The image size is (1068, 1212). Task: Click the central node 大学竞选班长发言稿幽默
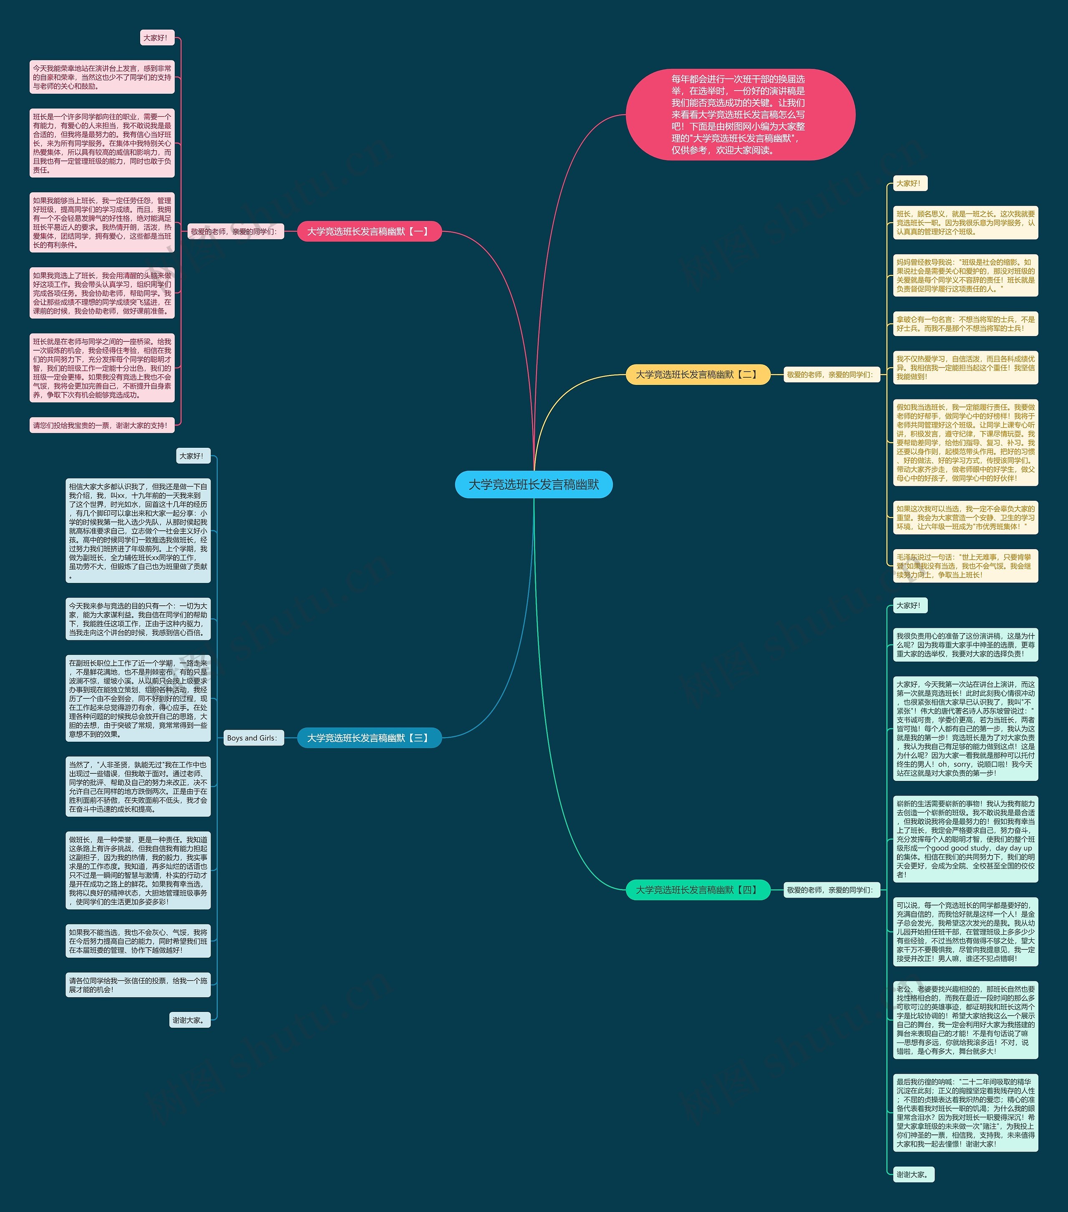click(534, 484)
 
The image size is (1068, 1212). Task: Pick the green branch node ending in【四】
click(698, 889)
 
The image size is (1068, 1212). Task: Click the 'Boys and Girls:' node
click(252, 738)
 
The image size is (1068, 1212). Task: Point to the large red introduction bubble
click(740, 114)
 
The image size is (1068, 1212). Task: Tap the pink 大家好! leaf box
click(156, 38)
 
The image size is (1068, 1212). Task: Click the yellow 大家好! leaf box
click(909, 183)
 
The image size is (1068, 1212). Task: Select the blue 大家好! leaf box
click(193, 455)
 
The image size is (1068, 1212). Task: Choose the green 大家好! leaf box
click(909, 605)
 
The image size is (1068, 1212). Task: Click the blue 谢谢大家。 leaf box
click(189, 1020)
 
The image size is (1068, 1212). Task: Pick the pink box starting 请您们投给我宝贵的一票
click(101, 425)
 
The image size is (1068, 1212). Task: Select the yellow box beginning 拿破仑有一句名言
click(965, 324)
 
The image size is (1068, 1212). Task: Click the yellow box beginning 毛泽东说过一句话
click(965, 566)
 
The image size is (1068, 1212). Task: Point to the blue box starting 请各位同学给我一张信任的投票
click(138, 985)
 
